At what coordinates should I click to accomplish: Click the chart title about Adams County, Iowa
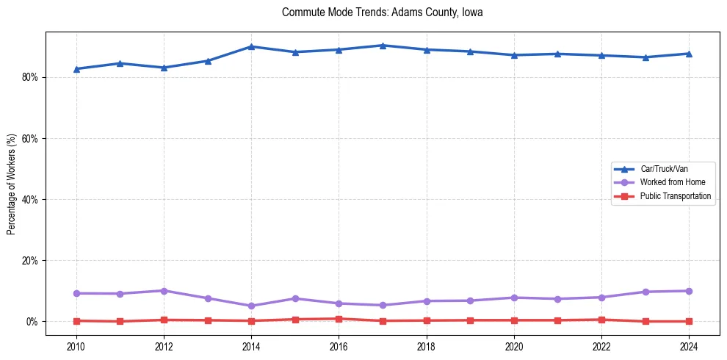point(382,12)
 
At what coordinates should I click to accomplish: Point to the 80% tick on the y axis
point(29,77)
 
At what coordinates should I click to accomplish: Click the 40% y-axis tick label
point(29,199)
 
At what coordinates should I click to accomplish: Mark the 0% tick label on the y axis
point(32,322)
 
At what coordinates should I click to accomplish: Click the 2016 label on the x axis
point(339,346)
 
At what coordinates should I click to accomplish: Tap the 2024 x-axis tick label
point(689,346)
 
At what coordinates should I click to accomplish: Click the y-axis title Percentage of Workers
point(12,184)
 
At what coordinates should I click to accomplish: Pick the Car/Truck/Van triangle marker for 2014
point(251,46)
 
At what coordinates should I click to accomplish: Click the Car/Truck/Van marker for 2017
point(383,46)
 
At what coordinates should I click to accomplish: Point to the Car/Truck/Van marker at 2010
point(76,69)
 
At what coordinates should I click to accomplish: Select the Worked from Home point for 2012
point(164,291)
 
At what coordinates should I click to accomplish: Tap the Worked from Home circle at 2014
point(251,306)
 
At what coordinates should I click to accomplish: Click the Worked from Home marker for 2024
point(689,291)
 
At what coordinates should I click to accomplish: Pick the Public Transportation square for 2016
point(339,319)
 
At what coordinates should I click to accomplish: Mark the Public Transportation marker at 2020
point(514,320)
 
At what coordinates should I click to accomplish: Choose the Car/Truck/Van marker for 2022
point(601,55)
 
